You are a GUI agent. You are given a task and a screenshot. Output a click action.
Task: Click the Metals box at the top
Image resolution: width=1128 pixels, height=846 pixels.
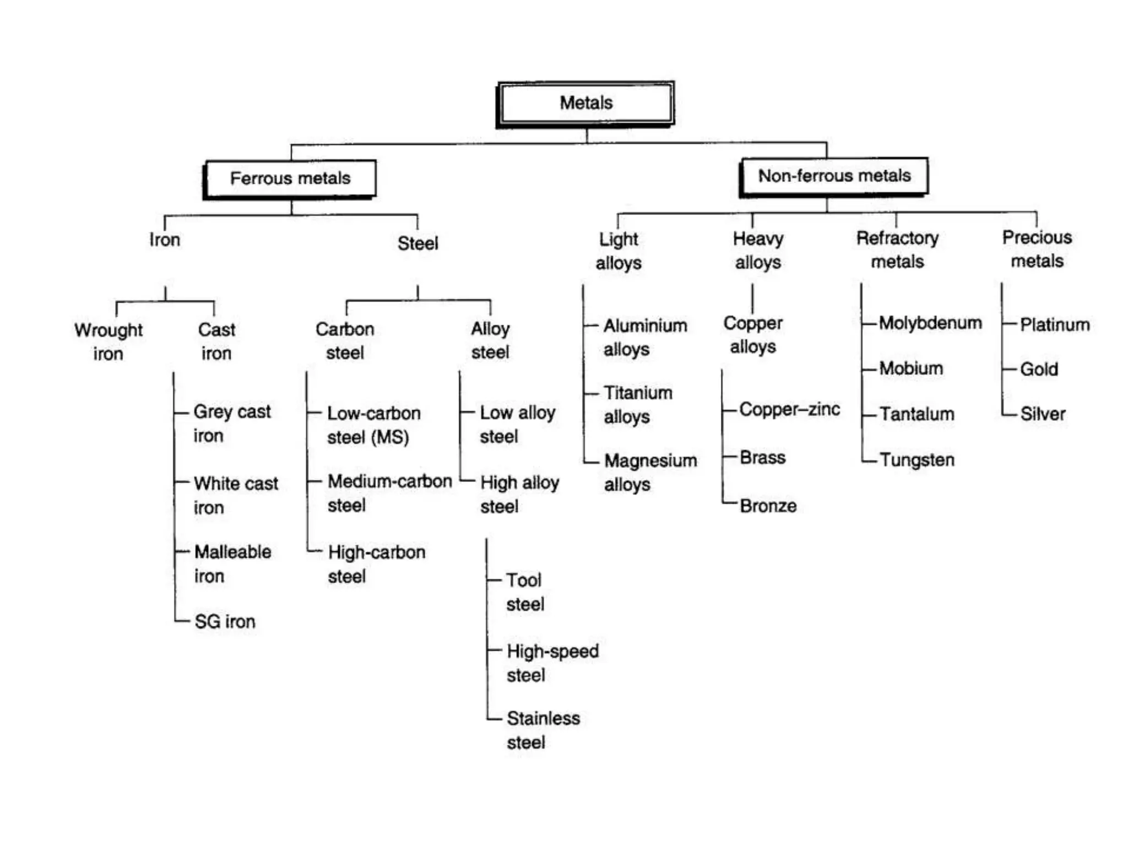coord(586,103)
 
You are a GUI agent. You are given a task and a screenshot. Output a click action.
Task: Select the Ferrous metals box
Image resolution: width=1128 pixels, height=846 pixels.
coord(290,178)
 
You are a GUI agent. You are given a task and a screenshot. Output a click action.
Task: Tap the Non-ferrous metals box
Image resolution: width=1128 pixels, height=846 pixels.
coord(834,176)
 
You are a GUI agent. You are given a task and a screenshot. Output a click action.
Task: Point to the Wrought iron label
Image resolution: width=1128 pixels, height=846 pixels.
coord(109,341)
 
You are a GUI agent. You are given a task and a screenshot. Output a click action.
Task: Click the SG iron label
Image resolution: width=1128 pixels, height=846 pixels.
coord(225,622)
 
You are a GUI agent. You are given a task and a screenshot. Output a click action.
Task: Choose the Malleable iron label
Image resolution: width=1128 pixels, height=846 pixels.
coord(232,563)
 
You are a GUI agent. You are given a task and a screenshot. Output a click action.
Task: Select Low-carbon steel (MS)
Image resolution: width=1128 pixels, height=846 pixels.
coord(373,425)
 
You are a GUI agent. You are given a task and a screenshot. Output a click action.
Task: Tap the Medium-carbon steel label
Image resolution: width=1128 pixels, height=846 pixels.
coord(389,493)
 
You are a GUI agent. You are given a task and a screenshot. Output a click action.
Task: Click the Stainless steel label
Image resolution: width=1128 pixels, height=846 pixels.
coord(543,730)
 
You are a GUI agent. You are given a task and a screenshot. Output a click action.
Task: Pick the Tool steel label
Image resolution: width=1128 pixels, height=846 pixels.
coord(524,592)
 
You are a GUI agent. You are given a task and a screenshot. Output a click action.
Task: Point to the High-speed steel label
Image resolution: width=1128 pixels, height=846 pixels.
coord(552,663)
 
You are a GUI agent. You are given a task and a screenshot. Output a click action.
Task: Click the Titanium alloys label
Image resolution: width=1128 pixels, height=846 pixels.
coord(638,405)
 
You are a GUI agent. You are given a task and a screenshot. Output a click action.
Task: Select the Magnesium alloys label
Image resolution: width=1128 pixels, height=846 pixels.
coord(650,473)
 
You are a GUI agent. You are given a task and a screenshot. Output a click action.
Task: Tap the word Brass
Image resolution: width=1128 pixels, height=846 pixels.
coord(763,458)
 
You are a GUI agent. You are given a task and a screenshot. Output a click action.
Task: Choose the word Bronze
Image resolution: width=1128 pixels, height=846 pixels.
coord(768,506)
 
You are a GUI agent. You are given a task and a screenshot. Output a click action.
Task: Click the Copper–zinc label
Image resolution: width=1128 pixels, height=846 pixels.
coord(790,409)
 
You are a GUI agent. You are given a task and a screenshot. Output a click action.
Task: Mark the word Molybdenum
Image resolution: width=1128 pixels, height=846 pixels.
coord(930,323)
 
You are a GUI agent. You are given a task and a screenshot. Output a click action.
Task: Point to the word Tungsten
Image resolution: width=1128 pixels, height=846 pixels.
coord(917,460)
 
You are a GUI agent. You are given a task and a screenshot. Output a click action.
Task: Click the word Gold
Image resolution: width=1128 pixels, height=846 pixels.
coord(1039,369)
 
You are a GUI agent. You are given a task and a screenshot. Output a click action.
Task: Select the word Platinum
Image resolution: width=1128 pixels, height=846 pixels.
coord(1055,325)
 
